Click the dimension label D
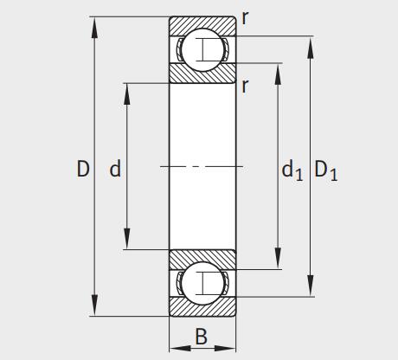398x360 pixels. [x=83, y=170]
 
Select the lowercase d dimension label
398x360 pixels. [x=114, y=170]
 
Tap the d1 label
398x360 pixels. [x=292, y=171]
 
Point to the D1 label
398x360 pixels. [x=326, y=171]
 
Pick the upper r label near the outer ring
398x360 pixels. [x=245, y=17]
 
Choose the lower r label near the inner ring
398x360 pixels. [x=246, y=85]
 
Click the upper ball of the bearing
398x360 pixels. [x=202, y=48]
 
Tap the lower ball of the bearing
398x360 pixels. [x=202, y=282]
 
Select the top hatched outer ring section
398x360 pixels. [x=202, y=23]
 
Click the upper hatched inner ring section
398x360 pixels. [x=202, y=74]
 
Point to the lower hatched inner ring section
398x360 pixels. [x=202, y=257]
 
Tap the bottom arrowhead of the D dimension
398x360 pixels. [x=93, y=309]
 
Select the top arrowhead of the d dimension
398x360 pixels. [x=127, y=89]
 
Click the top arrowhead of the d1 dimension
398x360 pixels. [x=277, y=70]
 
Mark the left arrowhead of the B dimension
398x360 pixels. [x=174, y=349]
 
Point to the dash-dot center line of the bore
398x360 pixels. [x=202, y=165]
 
